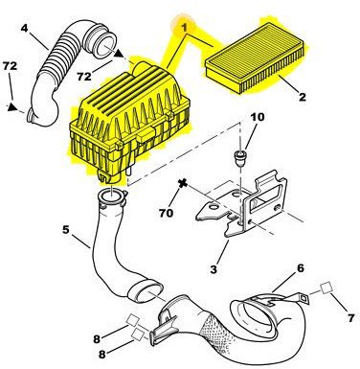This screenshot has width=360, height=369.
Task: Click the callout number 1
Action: (x=184, y=28)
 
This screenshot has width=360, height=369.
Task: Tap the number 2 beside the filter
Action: (x=302, y=97)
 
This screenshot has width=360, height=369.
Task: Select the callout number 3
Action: (x=214, y=269)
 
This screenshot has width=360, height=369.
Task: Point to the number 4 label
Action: (x=25, y=28)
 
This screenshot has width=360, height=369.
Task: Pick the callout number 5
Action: (x=65, y=229)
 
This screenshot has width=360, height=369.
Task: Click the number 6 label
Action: (x=301, y=268)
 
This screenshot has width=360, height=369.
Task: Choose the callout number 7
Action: (x=350, y=317)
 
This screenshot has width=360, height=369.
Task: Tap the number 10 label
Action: (x=258, y=117)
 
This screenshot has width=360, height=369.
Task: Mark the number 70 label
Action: (x=166, y=213)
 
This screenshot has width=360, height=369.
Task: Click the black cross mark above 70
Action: (x=183, y=184)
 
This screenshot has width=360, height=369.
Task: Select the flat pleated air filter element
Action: (x=256, y=64)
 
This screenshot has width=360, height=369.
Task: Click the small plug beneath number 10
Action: (x=240, y=157)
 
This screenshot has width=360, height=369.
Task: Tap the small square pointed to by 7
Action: (x=326, y=288)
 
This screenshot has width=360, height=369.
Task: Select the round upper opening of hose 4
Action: (x=104, y=47)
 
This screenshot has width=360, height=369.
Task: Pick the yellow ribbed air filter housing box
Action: (x=129, y=123)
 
